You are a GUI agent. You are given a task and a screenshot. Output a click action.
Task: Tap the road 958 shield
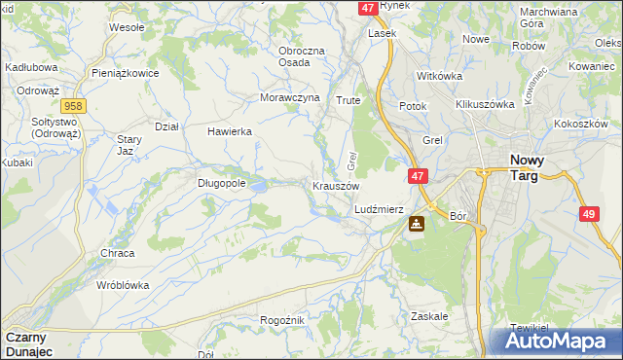[x=70, y=105]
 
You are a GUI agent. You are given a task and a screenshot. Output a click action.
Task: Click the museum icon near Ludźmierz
[x=416, y=225]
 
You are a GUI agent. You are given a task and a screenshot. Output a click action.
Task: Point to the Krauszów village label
[x=336, y=185]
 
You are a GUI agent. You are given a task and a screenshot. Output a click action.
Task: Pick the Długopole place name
[x=221, y=182]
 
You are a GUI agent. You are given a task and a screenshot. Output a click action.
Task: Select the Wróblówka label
[x=122, y=286]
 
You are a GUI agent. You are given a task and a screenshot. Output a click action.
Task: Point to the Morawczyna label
[x=290, y=97]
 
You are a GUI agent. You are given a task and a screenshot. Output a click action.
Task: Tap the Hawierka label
[x=230, y=131]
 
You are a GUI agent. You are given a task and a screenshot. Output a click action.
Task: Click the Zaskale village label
[x=429, y=316]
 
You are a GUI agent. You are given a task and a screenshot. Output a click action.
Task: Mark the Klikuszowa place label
[x=484, y=103]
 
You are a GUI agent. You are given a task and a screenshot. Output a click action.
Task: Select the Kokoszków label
[x=580, y=125]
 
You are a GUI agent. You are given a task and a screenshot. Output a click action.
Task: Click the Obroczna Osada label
[x=308, y=56]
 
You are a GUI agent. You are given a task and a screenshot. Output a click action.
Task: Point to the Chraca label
[x=117, y=253]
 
